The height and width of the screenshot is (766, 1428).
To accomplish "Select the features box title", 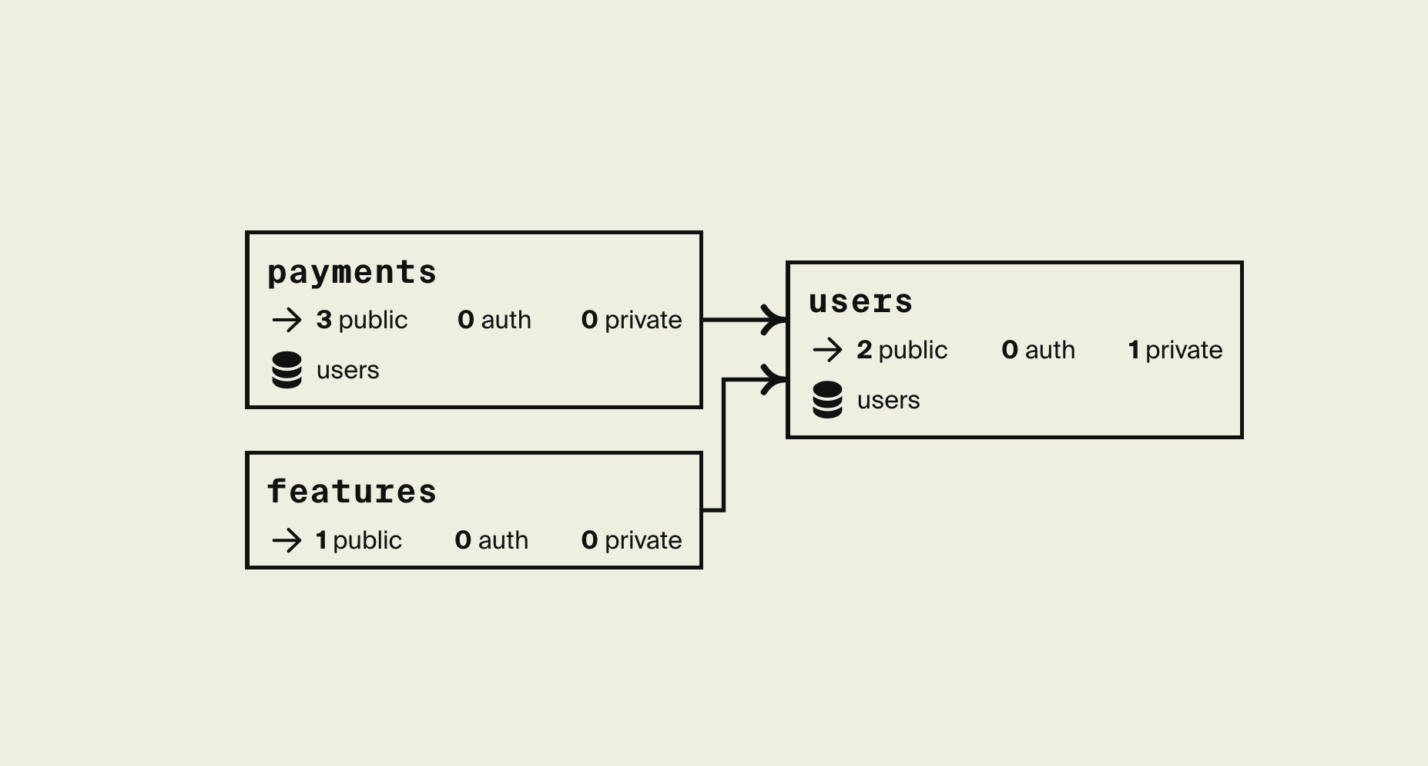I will click(x=351, y=492).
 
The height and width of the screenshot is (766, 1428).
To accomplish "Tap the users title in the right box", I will click(x=860, y=302).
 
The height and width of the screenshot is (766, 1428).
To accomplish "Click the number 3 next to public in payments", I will click(x=323, y=320).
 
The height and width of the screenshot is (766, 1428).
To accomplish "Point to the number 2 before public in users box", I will click(x=864, y=350).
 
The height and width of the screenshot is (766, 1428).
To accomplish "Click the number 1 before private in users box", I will click(x=1134, y=350).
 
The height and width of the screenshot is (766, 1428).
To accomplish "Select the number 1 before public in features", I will click(x=321, y=540).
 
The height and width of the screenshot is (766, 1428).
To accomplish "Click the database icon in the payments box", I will click(x=287, y=370).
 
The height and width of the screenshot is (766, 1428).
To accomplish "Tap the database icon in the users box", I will click(x=828, y=400).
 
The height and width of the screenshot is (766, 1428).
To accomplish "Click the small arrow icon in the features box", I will click(x=287, y=540).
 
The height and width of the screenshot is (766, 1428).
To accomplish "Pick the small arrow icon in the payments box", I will click(x=287, y=320).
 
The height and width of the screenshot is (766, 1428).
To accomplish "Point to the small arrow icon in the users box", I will click(x=827, y=350).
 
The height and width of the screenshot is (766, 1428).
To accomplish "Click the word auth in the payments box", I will click(x=506, y=320).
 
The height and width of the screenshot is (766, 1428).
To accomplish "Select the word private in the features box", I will click(x=643, y=540).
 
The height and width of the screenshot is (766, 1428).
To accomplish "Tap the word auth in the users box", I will click(x=1050, y=350).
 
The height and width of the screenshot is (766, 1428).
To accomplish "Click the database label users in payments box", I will click(x=348, y=371).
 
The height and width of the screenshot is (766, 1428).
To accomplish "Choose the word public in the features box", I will click(x=367, y=540).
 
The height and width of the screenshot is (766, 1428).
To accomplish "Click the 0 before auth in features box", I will click(x=463, y=540).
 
